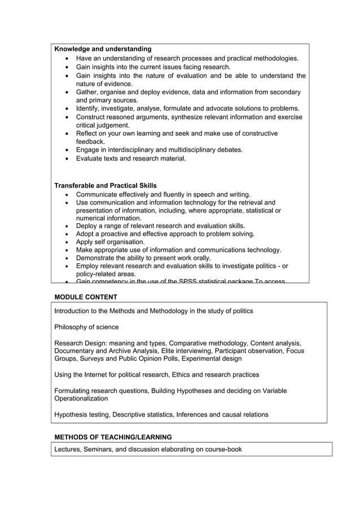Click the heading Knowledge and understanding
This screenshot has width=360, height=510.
[103, 49]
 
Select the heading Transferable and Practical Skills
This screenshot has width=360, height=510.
[106, 186]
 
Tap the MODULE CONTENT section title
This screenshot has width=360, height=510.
[86, 297]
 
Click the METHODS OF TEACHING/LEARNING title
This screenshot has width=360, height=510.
[113, 437]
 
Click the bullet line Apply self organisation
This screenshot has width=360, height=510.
[110, 242]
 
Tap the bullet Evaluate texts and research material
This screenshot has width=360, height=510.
[130, 159]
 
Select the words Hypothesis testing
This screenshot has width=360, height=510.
[81, 415]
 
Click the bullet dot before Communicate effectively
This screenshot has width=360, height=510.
[68, 194]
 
